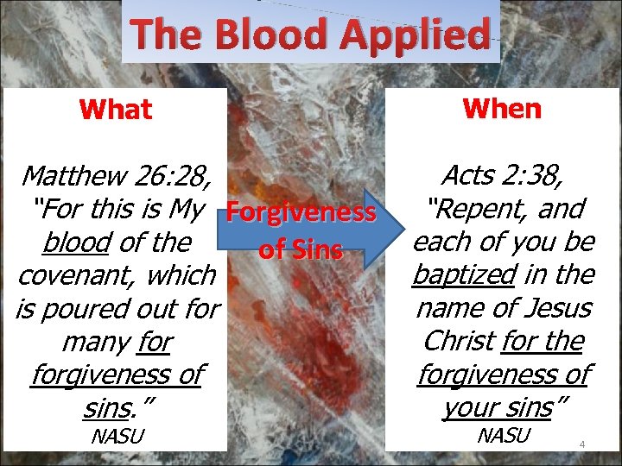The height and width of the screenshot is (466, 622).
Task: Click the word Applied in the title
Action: point(414,35)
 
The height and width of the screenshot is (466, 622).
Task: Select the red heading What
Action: point(115,110)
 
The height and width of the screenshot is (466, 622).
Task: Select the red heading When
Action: point(502,109)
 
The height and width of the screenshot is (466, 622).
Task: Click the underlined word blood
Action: point(74,242)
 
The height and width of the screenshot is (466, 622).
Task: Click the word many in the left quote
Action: point(96,342)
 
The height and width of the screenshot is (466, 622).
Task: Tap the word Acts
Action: point(471,176)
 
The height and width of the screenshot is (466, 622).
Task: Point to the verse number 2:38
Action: point(537,176)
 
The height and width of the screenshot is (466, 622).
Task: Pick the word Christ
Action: point(460,341)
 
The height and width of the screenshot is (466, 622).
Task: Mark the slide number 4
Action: point(582,445)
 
